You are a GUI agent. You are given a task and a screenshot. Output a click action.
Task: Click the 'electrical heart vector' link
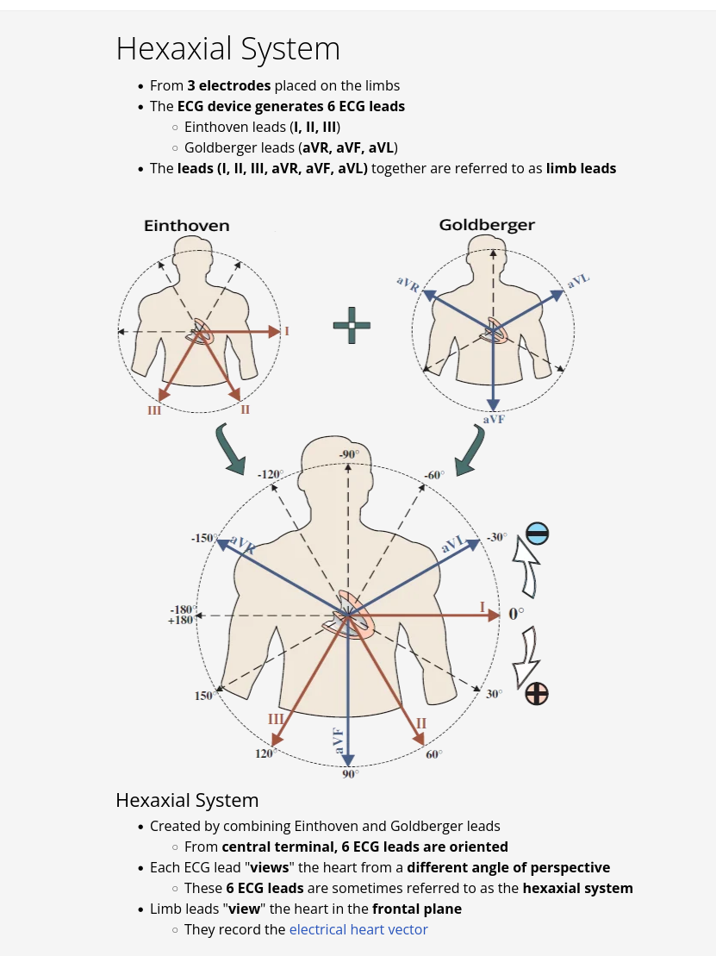(358, 929)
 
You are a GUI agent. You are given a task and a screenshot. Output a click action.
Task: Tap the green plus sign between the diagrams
(352, 325)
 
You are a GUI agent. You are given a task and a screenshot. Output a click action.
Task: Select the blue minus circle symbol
(537, 534)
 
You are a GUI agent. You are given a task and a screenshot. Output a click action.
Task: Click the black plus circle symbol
(537, 693)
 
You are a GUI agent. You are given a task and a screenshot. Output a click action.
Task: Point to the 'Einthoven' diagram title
(187, 226)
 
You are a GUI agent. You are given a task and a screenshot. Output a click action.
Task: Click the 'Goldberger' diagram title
(487, 225)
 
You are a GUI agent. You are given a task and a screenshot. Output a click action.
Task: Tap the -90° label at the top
(348, 454)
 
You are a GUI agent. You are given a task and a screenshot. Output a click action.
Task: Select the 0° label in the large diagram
(516, 615)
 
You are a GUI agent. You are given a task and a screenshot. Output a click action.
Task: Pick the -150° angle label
(203, 538)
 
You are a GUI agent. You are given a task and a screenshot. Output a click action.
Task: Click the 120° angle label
(265, 753)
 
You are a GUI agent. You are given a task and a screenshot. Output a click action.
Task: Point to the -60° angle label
(433, 475)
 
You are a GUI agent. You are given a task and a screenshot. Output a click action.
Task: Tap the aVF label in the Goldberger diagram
(494, 419)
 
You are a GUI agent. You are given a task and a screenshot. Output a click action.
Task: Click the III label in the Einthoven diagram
(154, 410)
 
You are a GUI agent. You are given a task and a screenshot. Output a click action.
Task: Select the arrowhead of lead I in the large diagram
(494, 615)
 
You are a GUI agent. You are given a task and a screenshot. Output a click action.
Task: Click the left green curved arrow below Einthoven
(230, 448)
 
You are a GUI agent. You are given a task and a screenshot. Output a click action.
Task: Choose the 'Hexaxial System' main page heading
(228, 48)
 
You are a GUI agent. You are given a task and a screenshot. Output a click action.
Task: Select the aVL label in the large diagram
(453, 545)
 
